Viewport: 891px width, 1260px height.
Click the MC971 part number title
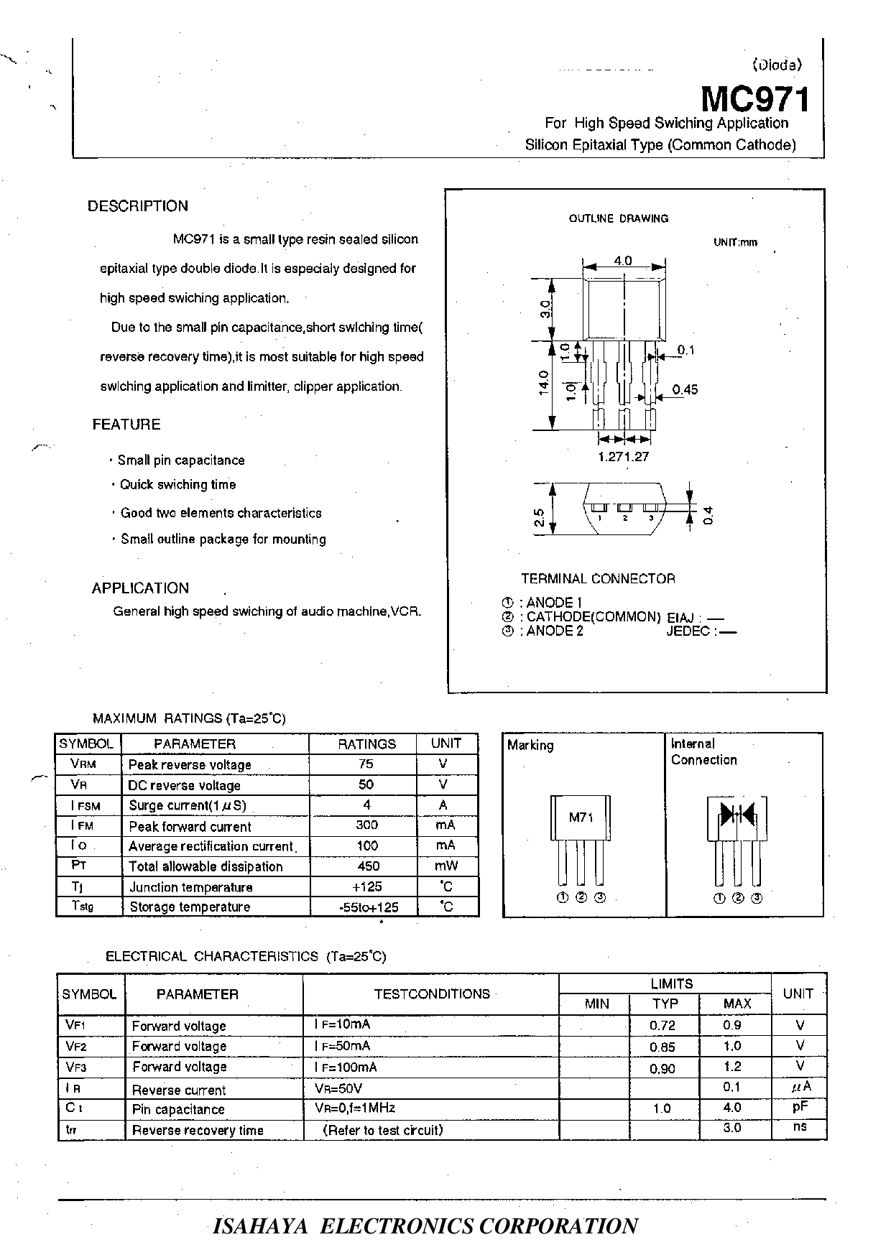[x=754, y=99]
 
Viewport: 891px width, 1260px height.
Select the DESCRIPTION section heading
[x=138, y=206]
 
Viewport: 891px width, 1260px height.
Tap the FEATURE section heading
[x=126, y=425]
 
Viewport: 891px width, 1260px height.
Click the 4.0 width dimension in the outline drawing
[x=623, y=261]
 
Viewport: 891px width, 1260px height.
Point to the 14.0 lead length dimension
[x=543, y=382]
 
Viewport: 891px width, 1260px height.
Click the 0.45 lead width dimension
[x=685, y=389]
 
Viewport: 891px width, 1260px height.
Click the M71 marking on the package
[x=581, y=817]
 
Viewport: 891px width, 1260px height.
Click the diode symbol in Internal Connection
[x=737, y=815]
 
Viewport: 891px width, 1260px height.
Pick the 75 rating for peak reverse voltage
[x=366, y=764]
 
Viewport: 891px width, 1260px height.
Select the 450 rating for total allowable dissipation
[x=367, y=866]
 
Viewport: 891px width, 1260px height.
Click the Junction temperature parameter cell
[x=191, y=887]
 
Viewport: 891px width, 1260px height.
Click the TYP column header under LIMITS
[x=665, y=1004]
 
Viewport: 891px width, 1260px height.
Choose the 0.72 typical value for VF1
[x=663, y=1026]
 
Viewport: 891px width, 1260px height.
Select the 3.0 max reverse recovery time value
[x=732, y=1128]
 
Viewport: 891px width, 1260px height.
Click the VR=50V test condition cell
[x=338, y=1088]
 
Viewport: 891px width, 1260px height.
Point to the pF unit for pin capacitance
[x=800, y=1108]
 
